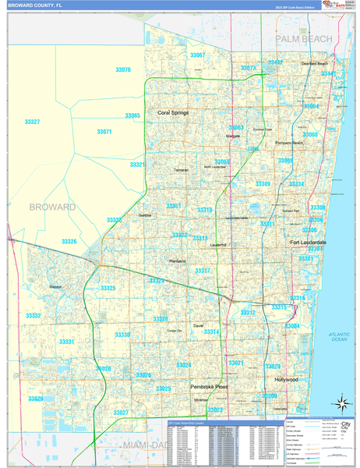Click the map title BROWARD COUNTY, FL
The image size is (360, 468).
pyautogui.click(x=36, y=5)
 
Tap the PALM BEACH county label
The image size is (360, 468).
pyautogui.click(x=303, y=38)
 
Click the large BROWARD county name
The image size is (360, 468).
pyautogui.click(x=52, y=207)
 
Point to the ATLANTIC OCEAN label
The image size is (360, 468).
pyautogui.click(x=339, y=336)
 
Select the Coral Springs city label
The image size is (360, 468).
pyautogui.click(x=173, y=113)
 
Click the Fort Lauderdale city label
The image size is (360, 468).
pyautogui.click(x=308, y=243)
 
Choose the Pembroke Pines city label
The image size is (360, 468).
pyautogui.click(x=210, y=387)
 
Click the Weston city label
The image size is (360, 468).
pyautogui.click(x=55, y=287)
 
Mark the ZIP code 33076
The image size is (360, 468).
pyautogui.click(x=122, y=70)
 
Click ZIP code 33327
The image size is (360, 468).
pyautogui.click(x=32, y=122)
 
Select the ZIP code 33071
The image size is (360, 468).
pyautogui.click(x=104, y=132)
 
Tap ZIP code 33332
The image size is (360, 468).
pyautogui.click(x=33, y=316)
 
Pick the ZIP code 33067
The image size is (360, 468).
pyautogui.click(x=198, y=55)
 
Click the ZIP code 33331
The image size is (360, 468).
pyautogui.click(x=66, y=342)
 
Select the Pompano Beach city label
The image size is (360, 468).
pyautogui.click(x=288, y=144)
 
